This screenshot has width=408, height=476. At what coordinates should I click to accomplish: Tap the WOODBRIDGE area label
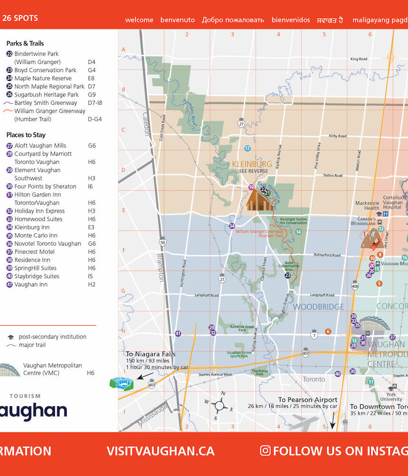(319, 307)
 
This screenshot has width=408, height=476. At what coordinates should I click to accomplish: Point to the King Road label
(358, 59)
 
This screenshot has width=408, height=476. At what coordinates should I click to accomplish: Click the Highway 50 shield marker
(163, 242)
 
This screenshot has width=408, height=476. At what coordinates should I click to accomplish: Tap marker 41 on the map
(178, 334)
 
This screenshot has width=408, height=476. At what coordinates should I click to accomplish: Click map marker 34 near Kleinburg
(232, 226)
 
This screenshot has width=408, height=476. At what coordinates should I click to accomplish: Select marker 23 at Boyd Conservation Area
(288, 275)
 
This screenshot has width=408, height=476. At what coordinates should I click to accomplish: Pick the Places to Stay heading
(26, 135)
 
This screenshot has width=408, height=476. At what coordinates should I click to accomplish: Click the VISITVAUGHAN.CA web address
(161, 451)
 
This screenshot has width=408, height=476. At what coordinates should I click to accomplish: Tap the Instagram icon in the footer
(265, 451)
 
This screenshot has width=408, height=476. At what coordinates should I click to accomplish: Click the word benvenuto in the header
(177, 20)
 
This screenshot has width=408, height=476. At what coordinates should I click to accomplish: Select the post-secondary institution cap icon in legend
(11, 337)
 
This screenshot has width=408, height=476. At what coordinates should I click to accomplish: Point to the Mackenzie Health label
(367, 206)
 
